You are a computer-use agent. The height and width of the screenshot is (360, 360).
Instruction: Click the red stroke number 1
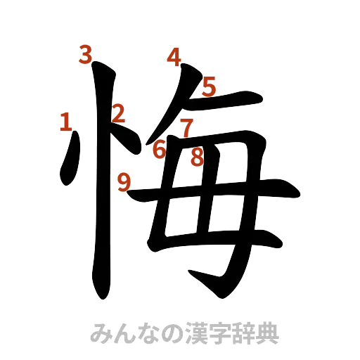click(x=65, y=123)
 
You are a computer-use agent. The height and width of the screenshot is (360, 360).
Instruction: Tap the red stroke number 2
click(x=119, y=112)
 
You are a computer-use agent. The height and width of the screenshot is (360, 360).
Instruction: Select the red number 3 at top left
click(x=86, y=55)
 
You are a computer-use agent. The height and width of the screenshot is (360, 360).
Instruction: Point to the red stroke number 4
click(x=173, y=55)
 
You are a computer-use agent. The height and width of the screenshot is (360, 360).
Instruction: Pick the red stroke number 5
click(x=209, y=86)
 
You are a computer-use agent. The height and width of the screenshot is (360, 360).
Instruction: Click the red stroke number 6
click(x=160, y=149)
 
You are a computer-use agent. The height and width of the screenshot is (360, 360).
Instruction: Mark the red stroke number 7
click(x=186, y=129)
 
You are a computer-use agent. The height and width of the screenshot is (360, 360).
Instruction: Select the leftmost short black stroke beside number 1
click(x=69, y=162)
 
